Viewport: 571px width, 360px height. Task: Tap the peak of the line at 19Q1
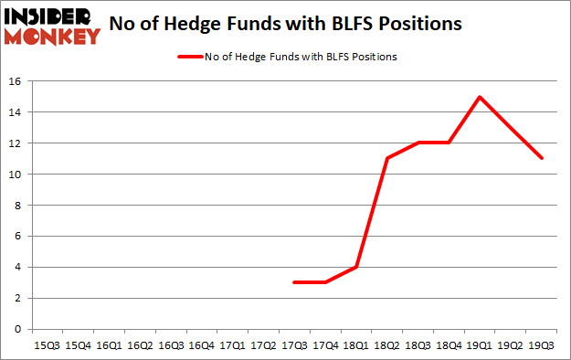click(x=480, y=97)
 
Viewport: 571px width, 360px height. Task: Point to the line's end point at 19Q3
click(x=542, y=159)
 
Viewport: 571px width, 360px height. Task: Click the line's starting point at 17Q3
click(x=293, y=282)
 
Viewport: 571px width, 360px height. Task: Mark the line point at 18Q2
click(x=386, y=159)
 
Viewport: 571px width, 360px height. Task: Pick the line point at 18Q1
click(x=355, y=267)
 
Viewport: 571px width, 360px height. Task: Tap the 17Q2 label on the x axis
click(x=262, y=345)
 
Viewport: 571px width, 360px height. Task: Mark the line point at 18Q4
click(x=449, y=143)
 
